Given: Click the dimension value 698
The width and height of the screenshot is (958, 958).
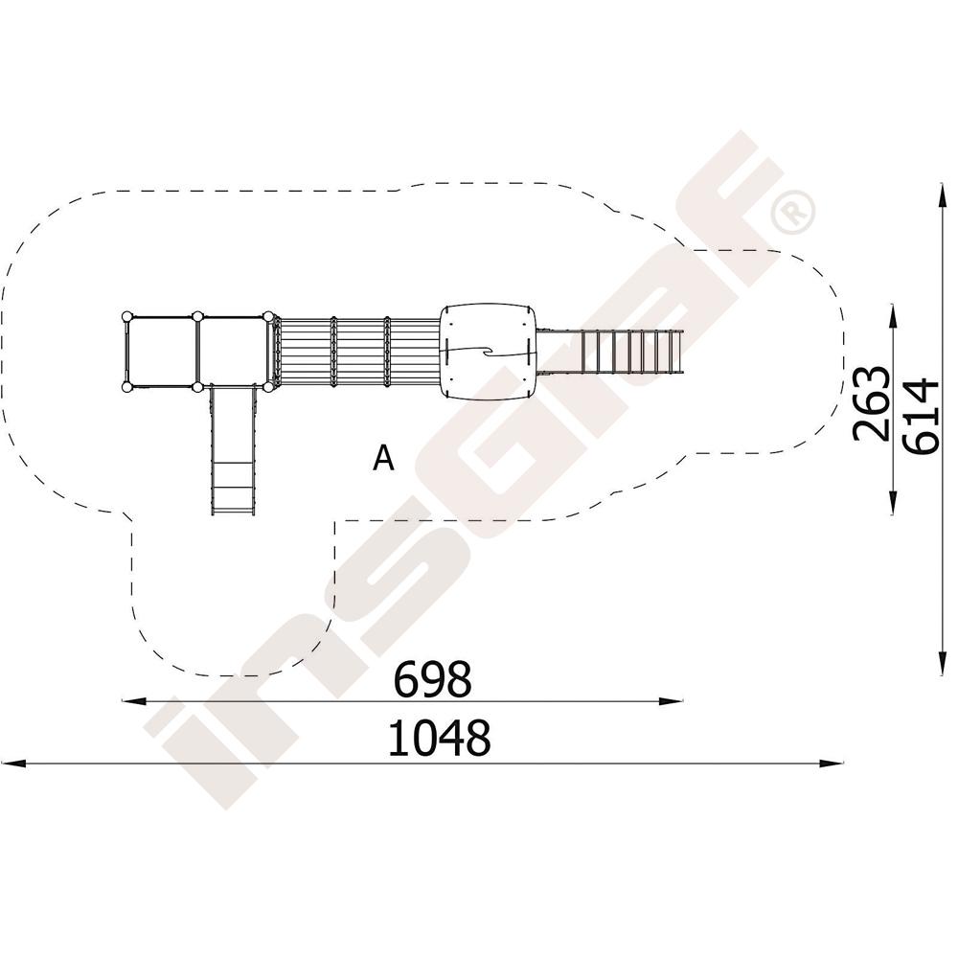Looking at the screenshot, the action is [433, 678].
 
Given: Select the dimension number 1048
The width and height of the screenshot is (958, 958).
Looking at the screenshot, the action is [440, 738].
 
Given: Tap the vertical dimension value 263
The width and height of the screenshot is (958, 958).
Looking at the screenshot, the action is [871, 403].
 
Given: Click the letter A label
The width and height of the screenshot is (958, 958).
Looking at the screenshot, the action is [384, 458].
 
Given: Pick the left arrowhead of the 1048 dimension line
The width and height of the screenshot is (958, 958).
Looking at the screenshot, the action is [12, 764].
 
